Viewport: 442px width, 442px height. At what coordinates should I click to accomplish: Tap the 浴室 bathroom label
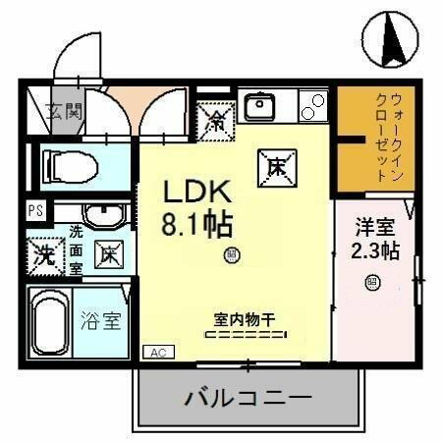click(x=101, y=320)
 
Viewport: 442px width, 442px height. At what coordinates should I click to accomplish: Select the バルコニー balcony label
click(x=248, y=400)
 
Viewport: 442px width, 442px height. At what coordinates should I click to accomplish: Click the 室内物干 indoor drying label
click(x=244, y=318)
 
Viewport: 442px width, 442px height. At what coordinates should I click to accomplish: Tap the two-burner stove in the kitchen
click(x=313, y=105)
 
